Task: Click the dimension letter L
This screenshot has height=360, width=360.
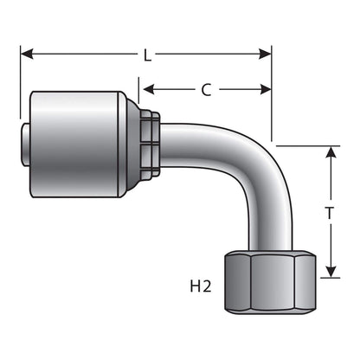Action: [x=148, y=55]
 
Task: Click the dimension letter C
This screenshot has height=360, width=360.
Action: [x=206, y=90]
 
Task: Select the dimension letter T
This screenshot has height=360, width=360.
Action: [x=330, y=213]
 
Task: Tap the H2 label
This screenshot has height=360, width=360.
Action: [x=201, y=286]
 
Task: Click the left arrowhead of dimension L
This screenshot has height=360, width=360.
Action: [x=27, y=54]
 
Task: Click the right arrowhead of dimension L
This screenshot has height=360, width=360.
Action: [x=265, y=54]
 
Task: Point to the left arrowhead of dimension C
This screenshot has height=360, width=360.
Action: [x=148, y=89]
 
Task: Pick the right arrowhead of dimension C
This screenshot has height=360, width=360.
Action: [x=266, y=89]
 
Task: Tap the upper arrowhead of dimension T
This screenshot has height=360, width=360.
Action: [x=331, y=151]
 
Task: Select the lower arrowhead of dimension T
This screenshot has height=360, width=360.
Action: [x=331, y=272]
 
